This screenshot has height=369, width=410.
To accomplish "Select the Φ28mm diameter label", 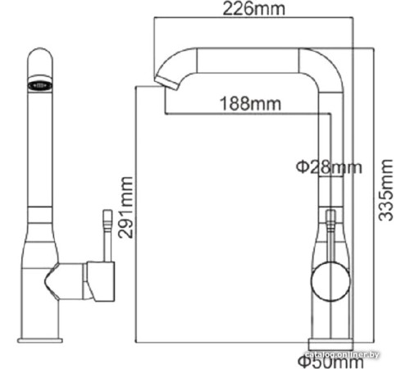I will [328, 167].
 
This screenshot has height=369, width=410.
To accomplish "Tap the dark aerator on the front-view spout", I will [41, 84].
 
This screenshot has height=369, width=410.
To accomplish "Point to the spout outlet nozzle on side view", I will [165, 80].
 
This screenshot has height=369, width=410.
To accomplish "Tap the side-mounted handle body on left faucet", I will [94, 280].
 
